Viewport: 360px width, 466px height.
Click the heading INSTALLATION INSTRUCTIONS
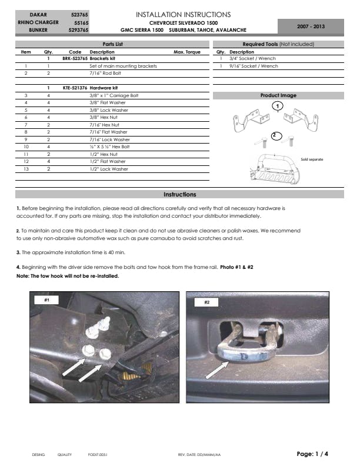(x=183, y=14)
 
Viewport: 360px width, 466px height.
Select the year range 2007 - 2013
(x=310, y=26)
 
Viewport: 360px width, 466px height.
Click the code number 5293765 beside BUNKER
(x=78, y=29)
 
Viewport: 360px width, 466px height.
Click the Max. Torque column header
(x=187, y=52)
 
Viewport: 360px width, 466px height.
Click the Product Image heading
(x=278, y=95)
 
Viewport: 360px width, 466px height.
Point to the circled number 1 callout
(x=276, y=105)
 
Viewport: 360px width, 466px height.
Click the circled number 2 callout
(x=274, y=135)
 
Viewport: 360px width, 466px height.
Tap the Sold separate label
(x=312, y=159)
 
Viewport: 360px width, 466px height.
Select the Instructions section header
(x=180, y=195)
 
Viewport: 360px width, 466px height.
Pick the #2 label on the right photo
(x=206, y=302)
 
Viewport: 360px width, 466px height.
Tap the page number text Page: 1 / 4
(x=312, y=454)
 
